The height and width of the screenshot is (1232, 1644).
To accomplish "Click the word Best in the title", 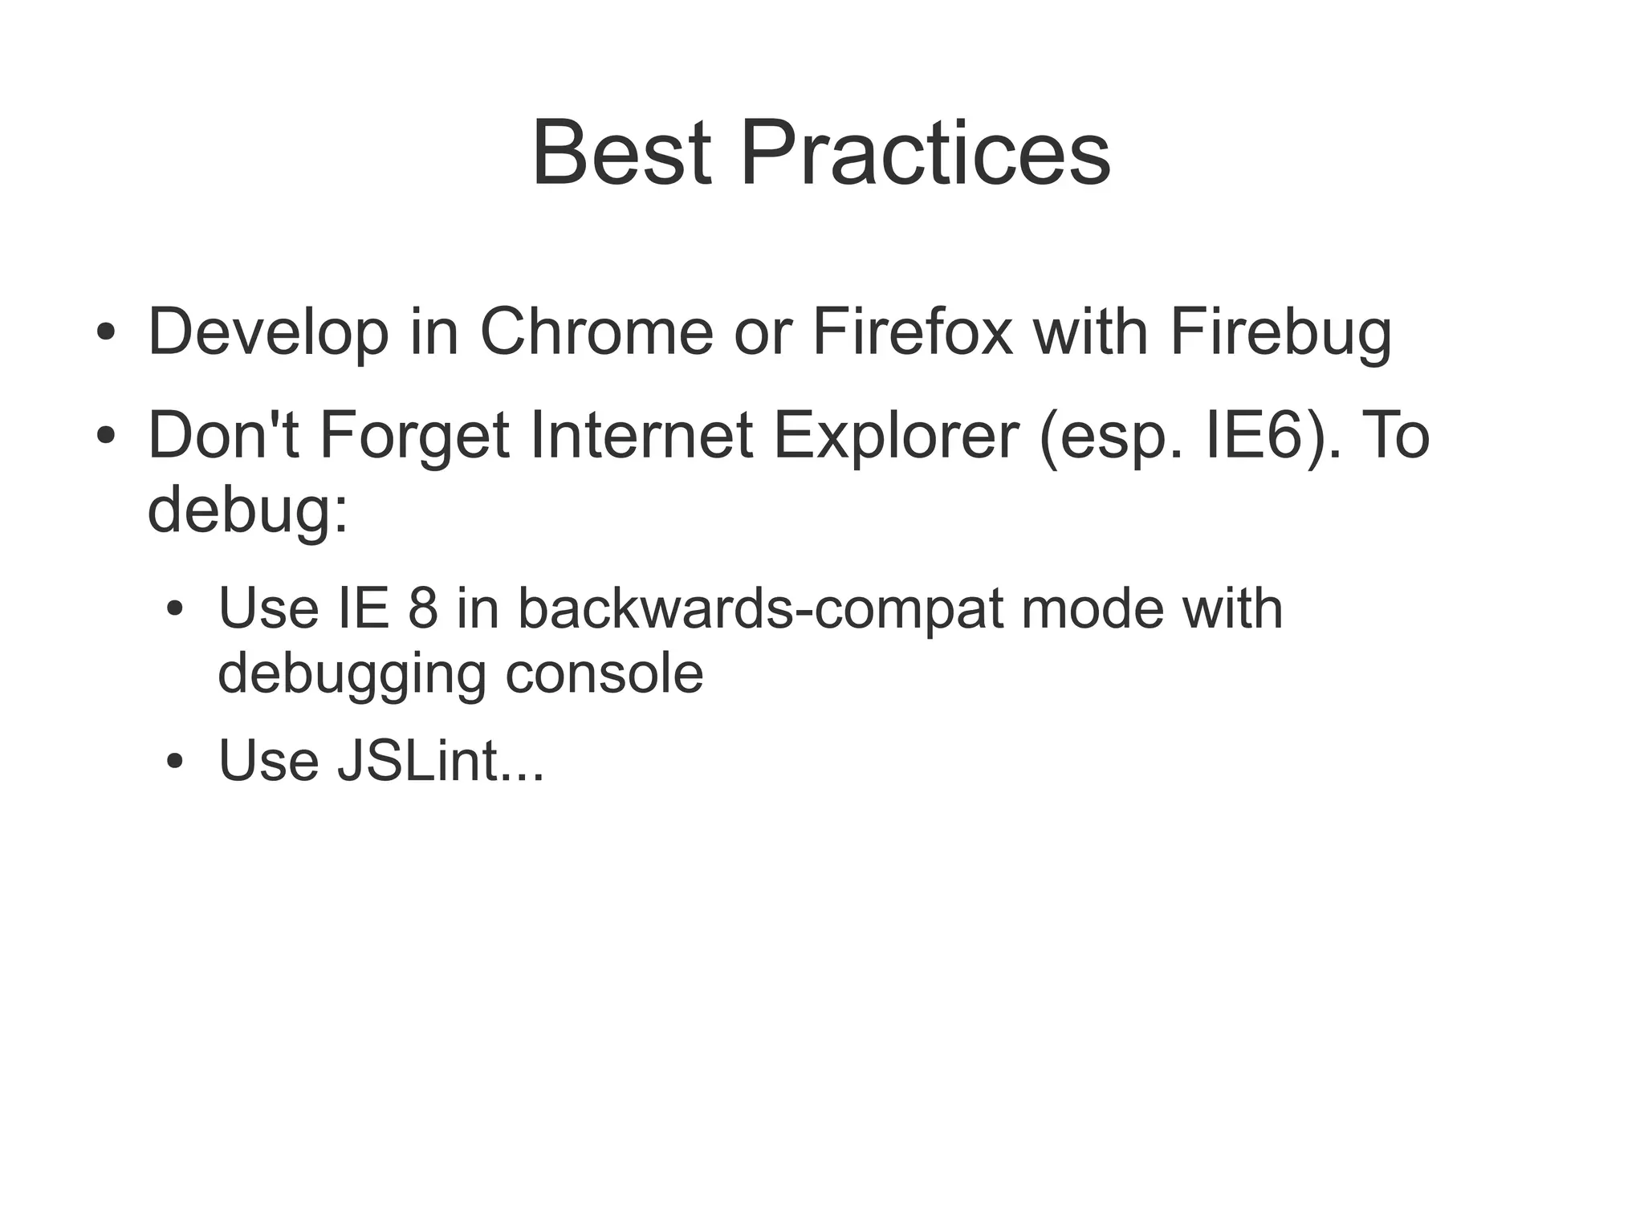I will tap(621, 152).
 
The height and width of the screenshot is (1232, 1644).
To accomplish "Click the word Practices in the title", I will tap(925, 152).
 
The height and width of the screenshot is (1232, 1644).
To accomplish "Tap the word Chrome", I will tap(596, 331).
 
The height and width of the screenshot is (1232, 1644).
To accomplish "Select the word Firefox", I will tap(912, 331).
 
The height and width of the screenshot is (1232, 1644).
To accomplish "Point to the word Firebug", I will tap(1280, 333).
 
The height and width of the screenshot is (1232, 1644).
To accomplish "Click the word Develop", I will tap(268, 333).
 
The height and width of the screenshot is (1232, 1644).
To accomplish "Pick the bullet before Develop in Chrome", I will tap(106, 332).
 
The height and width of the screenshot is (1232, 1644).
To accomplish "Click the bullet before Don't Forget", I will tap(106, 436).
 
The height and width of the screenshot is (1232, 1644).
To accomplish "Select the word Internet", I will tap(641, 436).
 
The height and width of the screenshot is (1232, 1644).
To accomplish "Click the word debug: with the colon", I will tap(248, 511).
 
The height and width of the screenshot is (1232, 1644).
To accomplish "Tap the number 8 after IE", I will tap(423, 608).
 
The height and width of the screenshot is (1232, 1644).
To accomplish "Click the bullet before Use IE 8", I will tap(175, 609).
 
